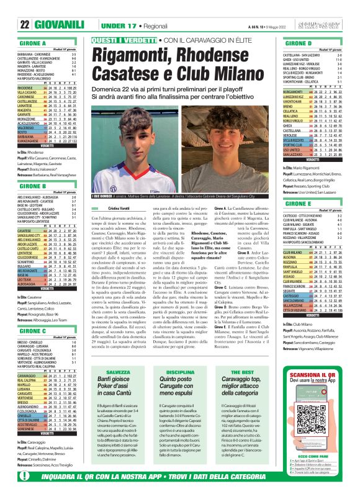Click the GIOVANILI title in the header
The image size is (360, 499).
click(60, 24)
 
